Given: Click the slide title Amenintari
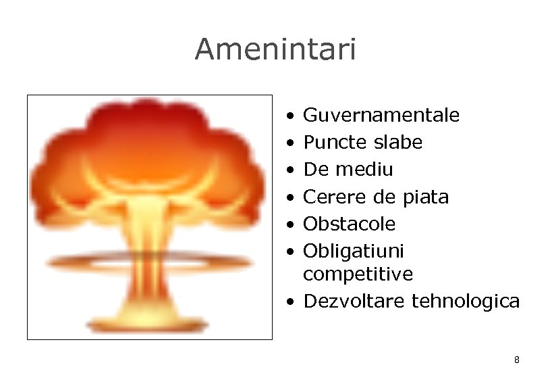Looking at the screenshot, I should (275, 49).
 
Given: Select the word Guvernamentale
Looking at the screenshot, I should (381, 116).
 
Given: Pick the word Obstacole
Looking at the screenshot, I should (350, 224).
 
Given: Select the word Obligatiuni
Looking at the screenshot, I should (354, 251).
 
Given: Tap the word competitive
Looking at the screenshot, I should (358, 274).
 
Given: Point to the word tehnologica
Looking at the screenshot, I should (466, 301).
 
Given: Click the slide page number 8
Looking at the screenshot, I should (516, 360).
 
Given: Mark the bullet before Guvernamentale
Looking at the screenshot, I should (288, 116).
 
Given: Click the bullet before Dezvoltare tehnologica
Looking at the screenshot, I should (288, 302).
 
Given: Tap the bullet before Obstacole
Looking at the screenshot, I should (288, 224).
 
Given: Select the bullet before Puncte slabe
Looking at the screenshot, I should (288, 143).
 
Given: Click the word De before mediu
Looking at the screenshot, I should (314, 170).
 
